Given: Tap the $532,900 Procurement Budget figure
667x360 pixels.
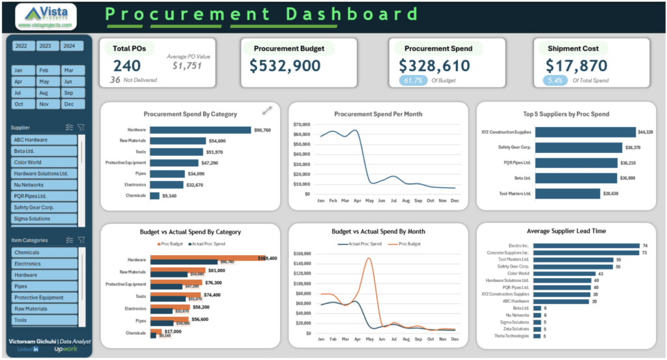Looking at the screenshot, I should tap(285, 66).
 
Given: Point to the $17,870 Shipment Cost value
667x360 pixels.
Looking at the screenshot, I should tap(576, 66).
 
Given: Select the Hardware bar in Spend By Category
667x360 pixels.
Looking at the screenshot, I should tap(200, 130).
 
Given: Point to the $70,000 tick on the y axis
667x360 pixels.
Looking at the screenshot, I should tap(302, 124).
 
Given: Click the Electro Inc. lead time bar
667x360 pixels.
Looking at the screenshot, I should tap(586, 246).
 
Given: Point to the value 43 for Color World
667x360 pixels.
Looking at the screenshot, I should tap(601, 273).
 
